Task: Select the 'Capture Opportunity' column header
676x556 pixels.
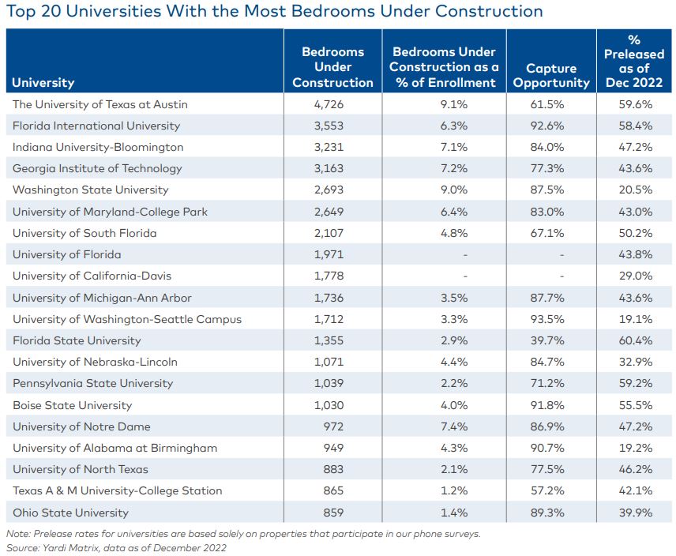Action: tap(551, 75)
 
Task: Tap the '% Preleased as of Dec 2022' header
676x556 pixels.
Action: tap(634, 61)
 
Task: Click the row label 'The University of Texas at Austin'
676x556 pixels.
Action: tap(100, 104)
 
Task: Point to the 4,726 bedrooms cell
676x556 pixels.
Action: tap(332, 104)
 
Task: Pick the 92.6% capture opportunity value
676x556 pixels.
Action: tap(551, 126)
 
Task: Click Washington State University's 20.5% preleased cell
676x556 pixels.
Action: tap(634, 190)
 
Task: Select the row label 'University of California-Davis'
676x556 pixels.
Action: tap(92, 276)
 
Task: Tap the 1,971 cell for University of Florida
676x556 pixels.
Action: tap(332, 254)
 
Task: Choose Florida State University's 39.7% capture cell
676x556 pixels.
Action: tap(551, 340)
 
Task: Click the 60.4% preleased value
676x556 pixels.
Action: tap(634, 340)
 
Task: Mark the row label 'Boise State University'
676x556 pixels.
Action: tap(73, 405)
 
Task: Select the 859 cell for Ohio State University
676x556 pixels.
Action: tap(332, 512)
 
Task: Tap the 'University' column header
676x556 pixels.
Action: tap(43, 82)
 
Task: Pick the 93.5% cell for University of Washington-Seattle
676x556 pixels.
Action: tap(551, 319)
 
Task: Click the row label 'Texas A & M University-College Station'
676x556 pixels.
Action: tap(118, 490)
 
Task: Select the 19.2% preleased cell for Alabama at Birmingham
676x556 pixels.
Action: tap(634, 448)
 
